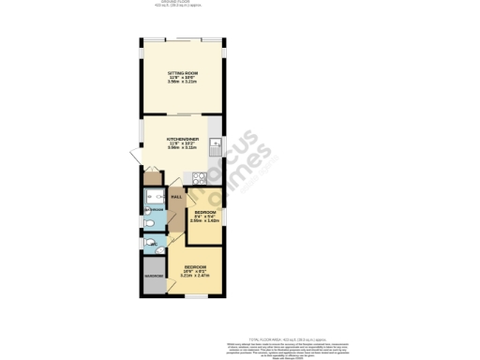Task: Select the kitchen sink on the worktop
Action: click(216, 146)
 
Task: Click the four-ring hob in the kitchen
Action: click(199, 177)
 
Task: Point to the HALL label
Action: click(176, 198)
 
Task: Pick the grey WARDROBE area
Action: click(154, 277)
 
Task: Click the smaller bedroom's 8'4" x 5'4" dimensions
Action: click(205, 217)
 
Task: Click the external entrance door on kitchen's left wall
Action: click(138, 169)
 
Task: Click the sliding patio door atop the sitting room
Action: click(183, 40)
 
